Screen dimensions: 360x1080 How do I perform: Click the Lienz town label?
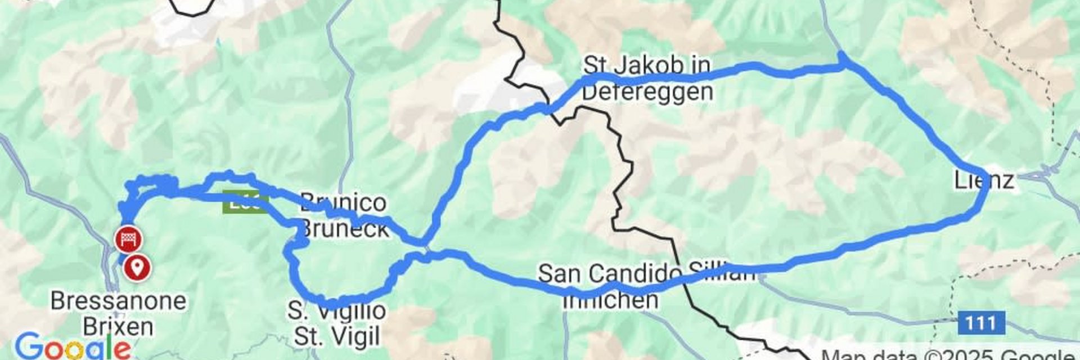(984, 181)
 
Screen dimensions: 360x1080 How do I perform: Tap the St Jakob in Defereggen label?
(647, 78)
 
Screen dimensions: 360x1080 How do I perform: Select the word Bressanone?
(118, 301)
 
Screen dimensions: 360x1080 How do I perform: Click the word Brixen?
(118, 327)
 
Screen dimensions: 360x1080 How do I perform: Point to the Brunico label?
(343, 202)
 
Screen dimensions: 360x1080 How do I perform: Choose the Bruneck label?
(344, 228)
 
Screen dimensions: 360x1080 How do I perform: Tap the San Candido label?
(610, 274)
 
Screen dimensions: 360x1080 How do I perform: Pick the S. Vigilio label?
(337, 310)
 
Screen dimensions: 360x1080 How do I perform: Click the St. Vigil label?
(337, 336)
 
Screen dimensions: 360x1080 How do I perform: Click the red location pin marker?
(137, 267)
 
